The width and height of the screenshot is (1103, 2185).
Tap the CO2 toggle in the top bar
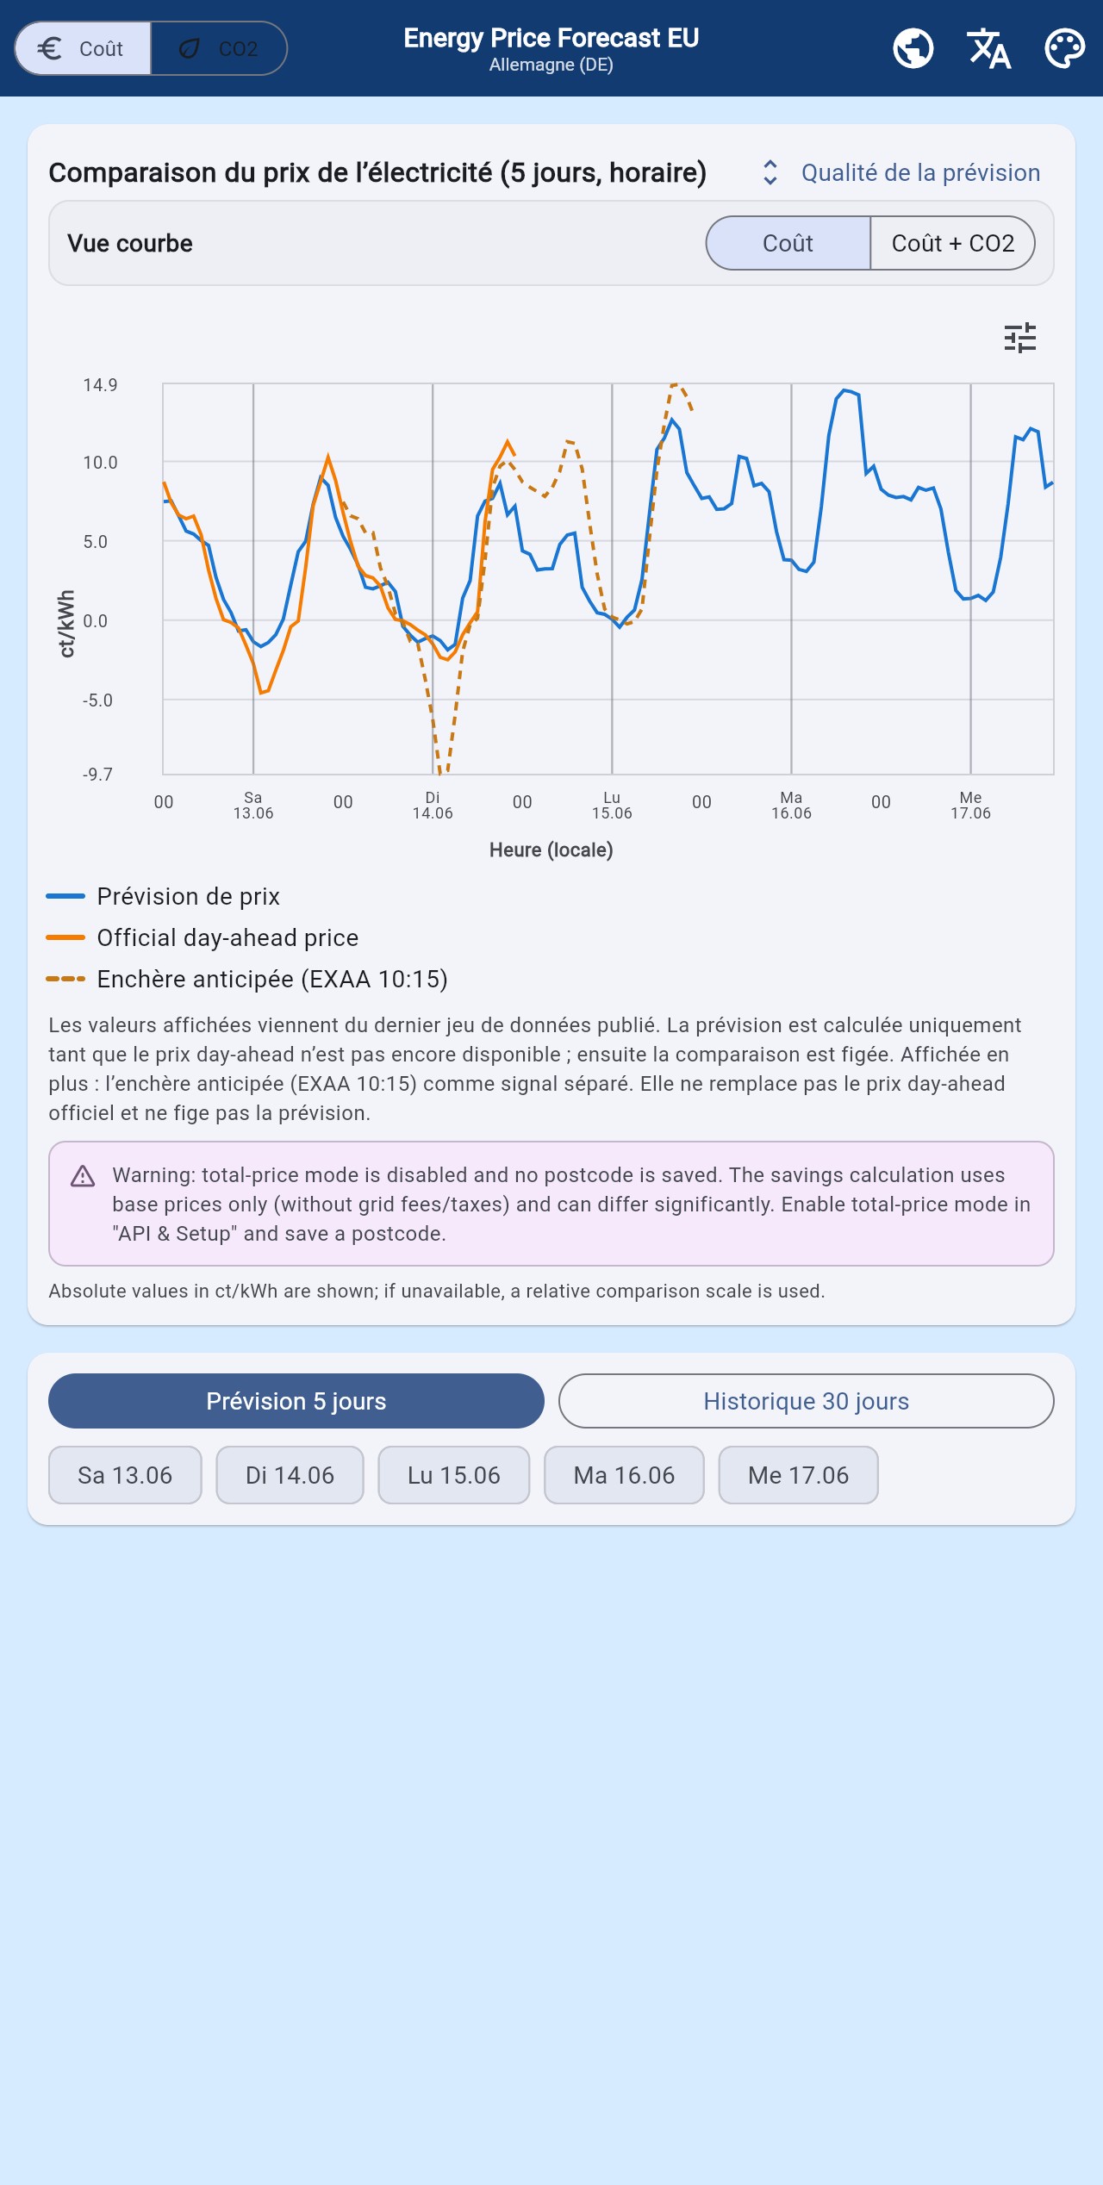[x=219, y=48]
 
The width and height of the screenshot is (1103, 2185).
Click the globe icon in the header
[x=913, y=48]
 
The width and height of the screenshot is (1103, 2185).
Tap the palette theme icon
[x=1065, y=48]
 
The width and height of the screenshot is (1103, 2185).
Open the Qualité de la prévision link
[x=920, y=172]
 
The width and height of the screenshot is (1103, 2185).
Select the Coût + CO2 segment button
[x=952, y=243]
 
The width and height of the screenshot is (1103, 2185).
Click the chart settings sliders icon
[x=1020, y=338]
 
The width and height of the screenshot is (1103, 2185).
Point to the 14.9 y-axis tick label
[x=100, y=385]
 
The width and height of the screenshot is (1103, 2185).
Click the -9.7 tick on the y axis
[x=97, y=775]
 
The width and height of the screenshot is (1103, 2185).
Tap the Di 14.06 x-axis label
[x=433, y=806]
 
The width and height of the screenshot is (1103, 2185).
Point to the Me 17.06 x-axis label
[x=970, y=806]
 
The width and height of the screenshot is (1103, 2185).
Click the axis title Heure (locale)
[x=551, y=850]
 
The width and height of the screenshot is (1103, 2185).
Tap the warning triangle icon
[x=83, y=1176]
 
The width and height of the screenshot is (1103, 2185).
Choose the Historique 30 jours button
[x=807, y=1401]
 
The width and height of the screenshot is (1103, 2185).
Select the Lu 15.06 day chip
[x=454, y=1475]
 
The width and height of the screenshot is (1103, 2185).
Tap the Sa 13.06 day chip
[x=125, y=1475]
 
